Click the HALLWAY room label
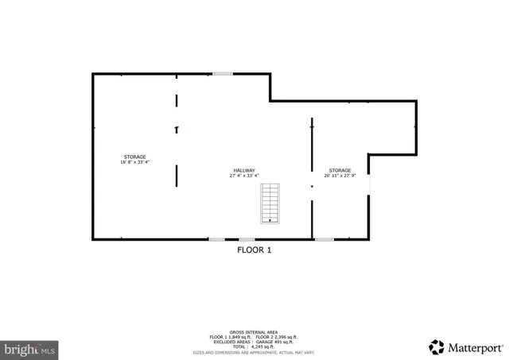(x=244, y=170)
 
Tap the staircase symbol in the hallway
(x=270, y=203)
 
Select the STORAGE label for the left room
(x=134, y=157)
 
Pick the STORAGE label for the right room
(x=340, y=170)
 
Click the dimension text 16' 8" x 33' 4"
(x=134, y=162)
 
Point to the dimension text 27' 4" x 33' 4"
(x=244, y=176)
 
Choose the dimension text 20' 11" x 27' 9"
(x=340, y=176)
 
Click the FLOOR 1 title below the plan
(x=254, y=250)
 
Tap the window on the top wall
(x=223, y=74)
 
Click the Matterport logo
(x=466, y=347)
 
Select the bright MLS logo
(x=29, y=348)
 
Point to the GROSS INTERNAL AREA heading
(x=254, y=331)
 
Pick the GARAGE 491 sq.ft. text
(x=276, y=342)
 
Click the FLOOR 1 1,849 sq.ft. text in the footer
(x=229, y=337)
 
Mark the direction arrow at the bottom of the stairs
(x=270, y=220)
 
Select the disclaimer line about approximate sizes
(x=254, y=352)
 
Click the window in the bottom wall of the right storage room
(x=324, y=239)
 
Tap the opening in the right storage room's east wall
(x=369, y=184)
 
